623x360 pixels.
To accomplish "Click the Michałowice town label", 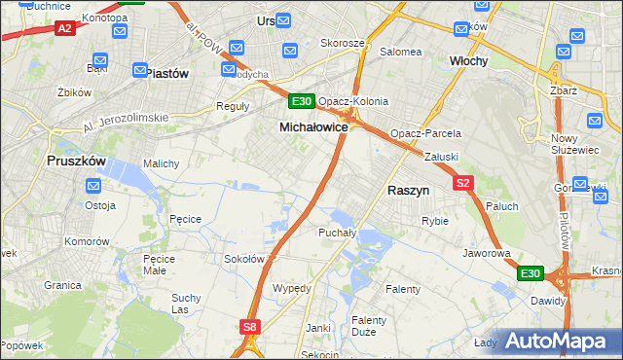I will pyautogui.click(x=313, y=127).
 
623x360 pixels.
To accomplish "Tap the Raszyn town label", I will pyautogui.click(x=409, y=191).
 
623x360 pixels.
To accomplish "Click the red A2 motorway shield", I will pyautogui.click(x=65, y=29).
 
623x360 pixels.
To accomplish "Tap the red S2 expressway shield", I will pyautogui.click(x=462, y=182).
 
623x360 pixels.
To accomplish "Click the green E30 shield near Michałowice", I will pyautogui.click(x=301, y=101).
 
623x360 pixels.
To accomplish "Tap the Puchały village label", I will pyautogui.click(x=337, y=233).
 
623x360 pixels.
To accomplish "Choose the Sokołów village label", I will pyautogui.click(x=244, y=259).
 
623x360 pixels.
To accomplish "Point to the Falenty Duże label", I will pyautogui.click(x=369, y=326).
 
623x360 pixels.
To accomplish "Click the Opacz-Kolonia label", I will pyautogui.click(x=353, y=101).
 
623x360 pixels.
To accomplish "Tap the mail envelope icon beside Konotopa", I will pyautogui.click(x=120, y=32).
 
